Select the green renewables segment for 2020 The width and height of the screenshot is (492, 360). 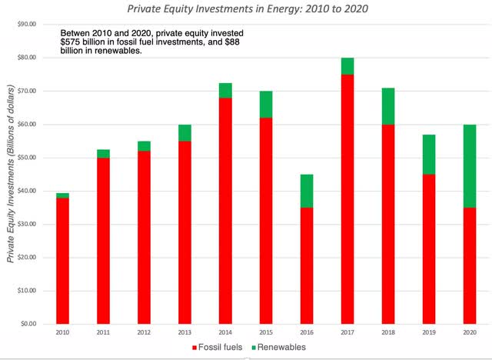pos(470,165)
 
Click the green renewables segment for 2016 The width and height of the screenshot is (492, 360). pos(307,191)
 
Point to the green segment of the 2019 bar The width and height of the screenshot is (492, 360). pos(429,155)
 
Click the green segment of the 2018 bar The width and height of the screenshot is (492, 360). pos(388,105)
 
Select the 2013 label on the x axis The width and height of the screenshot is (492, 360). pos(184,333)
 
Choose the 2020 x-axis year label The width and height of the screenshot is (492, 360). pos(470,333)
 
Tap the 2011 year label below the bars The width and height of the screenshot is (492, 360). pos(103,333)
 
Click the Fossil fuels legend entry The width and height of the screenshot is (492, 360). pos(220,348)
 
